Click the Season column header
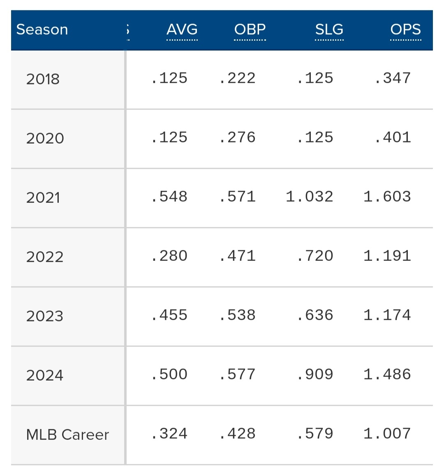(x=42, y=30)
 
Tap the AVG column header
(x=182, y=30)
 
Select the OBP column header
(x=250, y=30)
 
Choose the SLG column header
(x=329, y=30)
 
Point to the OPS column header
(x=405, y=30)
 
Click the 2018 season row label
(x=43, y=79)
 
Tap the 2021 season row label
(x=43, y=197)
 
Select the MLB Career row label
(x=67, y=434)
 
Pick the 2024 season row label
(x=45, y=375)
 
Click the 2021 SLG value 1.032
(x=310, y=197)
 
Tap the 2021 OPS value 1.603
(x=387, y=197)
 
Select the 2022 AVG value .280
(x=169, y=256)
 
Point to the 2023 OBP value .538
(x=238, y=315)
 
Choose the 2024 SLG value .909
(x=315, y=374)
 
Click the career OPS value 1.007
(x=387, y=434)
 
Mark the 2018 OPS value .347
(x=393, y=78)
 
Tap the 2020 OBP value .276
(x=238, y=137)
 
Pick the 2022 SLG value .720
(x=315, y=256)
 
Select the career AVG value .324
(x=169, y=434)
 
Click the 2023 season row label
(x=45, y=316)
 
